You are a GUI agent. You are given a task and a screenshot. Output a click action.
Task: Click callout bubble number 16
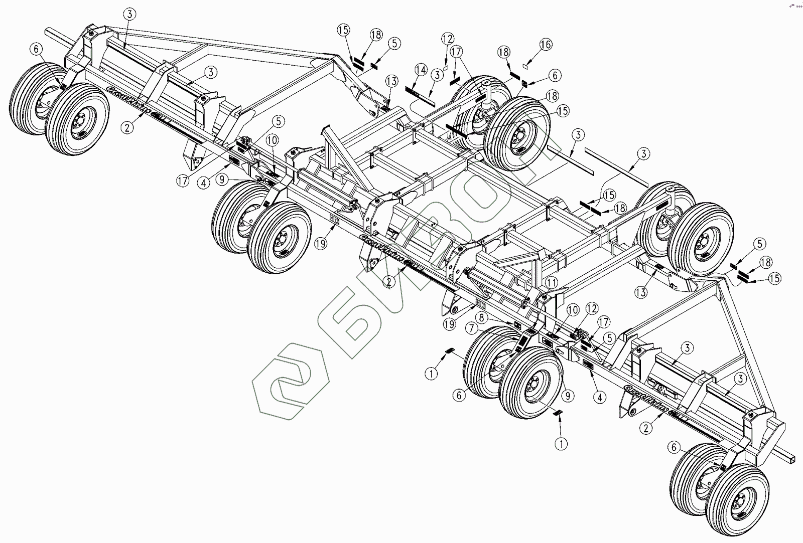pos(546,45)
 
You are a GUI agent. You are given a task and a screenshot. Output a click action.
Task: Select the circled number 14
pos(421,70)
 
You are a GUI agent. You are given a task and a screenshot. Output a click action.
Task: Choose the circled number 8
pos(481,317)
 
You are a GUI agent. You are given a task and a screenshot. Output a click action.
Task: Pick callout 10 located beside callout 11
pos(573,310)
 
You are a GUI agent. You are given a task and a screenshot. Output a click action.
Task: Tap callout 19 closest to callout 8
pos(450,324)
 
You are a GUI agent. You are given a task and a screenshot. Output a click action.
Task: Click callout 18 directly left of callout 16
pos(504,52)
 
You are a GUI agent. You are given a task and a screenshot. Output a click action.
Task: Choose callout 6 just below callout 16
pos(555,75)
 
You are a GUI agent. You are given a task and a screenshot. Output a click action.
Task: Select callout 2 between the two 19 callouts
pos(388,282)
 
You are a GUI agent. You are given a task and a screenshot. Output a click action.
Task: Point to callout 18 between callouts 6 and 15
pos(552,96)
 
